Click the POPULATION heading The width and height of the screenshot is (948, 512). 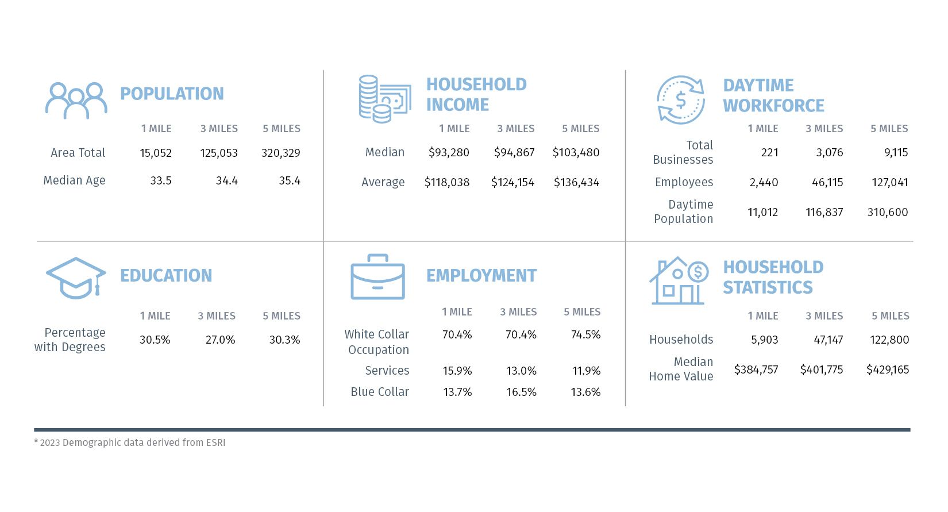pos(172,94)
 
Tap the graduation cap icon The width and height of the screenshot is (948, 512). pos(76,278)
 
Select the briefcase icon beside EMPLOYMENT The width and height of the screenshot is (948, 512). pos(377,277)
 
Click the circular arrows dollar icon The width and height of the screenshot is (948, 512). pos(680,100)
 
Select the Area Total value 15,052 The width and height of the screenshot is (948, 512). pos(156,153)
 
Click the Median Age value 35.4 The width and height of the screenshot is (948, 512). pos(290,180)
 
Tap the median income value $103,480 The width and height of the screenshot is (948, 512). pos(576,152)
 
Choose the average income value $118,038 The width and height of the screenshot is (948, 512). pos(447,182)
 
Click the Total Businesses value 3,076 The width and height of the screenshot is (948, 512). pos(829,152)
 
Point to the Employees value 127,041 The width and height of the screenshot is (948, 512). pos(889,182)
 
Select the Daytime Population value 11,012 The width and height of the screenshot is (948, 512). pos(762,212)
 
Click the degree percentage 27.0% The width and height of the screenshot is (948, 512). pos(220,340)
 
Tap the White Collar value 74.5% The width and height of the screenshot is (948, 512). pos(585,334)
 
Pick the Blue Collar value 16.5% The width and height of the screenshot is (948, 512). pos(521,392)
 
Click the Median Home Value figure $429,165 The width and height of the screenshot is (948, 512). pos(888,369)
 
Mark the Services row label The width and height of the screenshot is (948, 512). pos(387,371)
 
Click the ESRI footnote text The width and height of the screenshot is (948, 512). pos(130,442)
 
